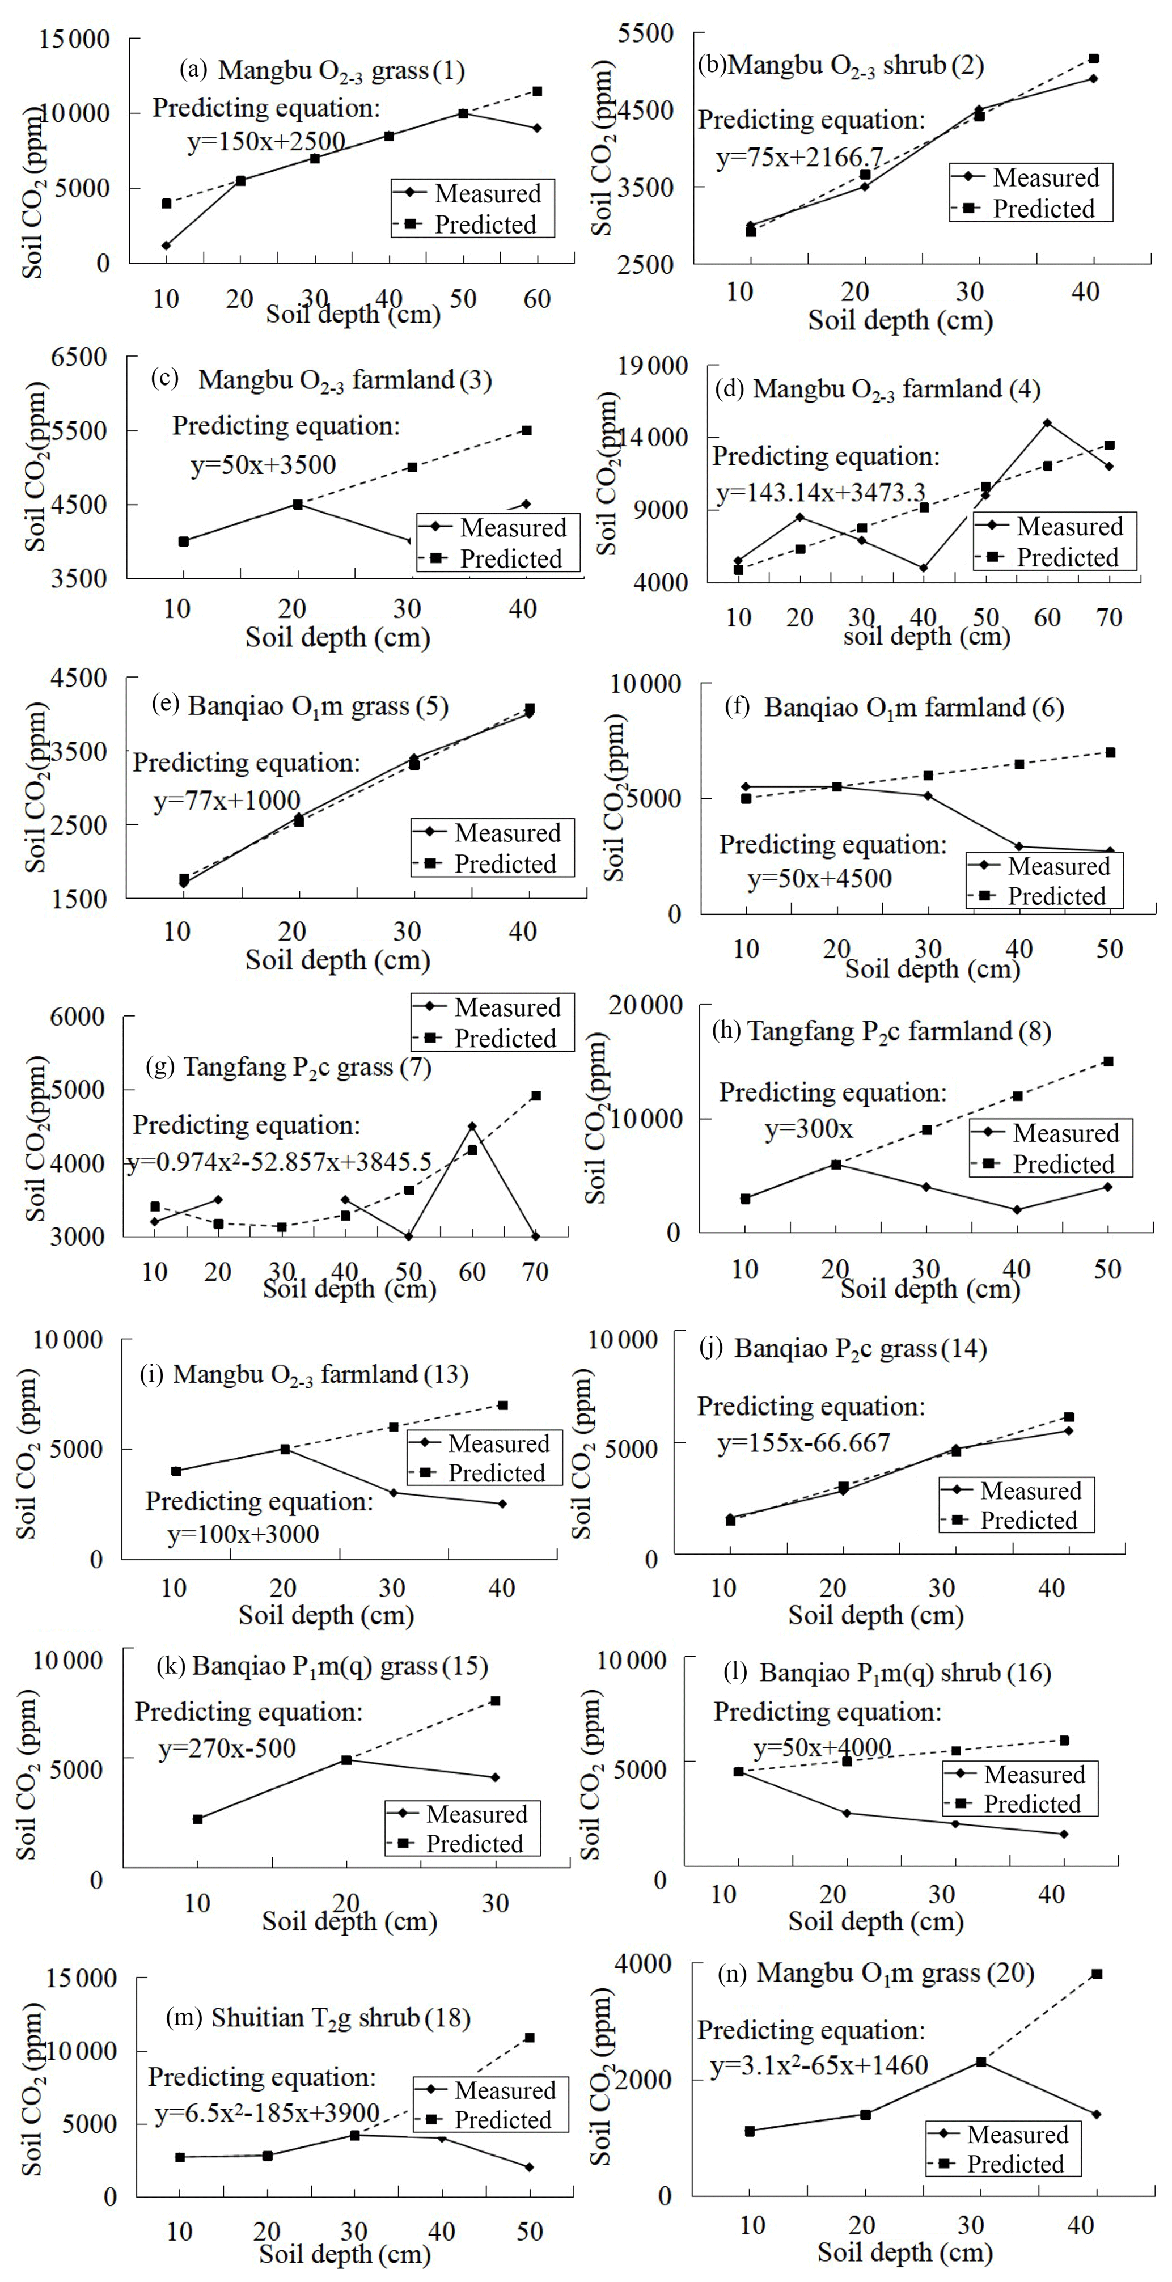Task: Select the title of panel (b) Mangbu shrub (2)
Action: [841, 66]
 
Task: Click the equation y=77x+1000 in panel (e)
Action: [227, 801]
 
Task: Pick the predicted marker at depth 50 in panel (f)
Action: [1110, 753]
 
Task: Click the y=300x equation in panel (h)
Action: [809, 1129]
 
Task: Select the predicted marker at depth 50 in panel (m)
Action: [530, 2038]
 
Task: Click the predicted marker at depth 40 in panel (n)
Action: [1097, 1974]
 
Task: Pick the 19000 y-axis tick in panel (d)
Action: [652, 366]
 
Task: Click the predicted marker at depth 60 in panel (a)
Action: [537, 91]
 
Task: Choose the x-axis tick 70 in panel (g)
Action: [535, 1272]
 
